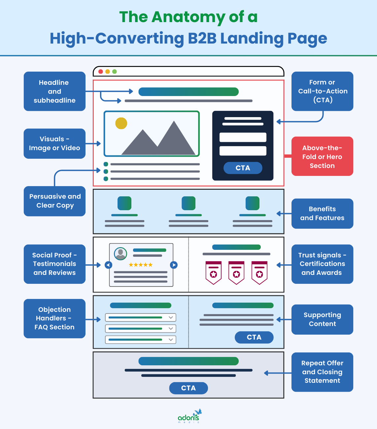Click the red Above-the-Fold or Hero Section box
(322, 156)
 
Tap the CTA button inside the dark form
(243, 168)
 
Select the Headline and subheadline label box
(54, 91)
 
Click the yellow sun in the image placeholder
(121, 123)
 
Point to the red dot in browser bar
(101, 72)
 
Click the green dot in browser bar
(115, 72)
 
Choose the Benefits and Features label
(322, 214)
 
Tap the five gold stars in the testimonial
(141, 265)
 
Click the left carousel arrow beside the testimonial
(108, 265)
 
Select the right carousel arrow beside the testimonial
(174, 265)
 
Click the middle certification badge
(236, 273)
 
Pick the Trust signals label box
(322, 264)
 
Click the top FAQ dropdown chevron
(171, 317)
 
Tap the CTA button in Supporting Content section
(254, 337)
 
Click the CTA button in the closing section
(188, 388)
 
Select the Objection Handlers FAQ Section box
(54, 318)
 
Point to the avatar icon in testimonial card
(120, 253)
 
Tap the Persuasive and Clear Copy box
(54, 201)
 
